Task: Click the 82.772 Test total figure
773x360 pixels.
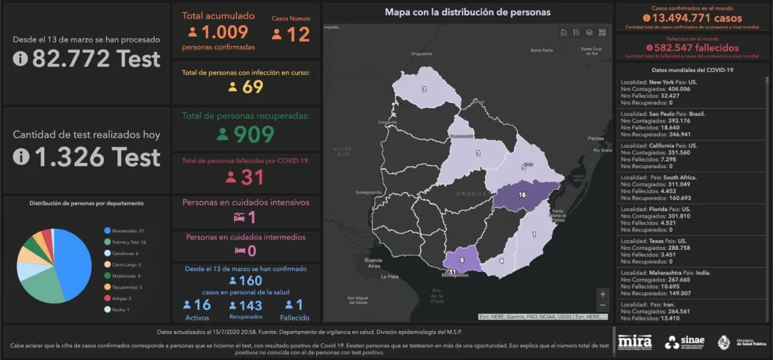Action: (x=95, y=59)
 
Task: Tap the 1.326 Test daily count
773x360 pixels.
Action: (x=95, y=156)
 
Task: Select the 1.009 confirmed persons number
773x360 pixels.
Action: (x=224, y=33)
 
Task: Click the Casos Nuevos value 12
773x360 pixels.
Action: (x=298, y=34)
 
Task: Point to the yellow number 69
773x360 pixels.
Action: (x=253, y=86)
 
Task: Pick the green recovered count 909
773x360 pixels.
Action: (x=253, y=134)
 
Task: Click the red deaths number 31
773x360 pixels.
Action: (x=253, y=176)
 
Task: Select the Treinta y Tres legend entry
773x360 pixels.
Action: (x=129, y=242)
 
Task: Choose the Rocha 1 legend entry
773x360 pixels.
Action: (x=120, y=310)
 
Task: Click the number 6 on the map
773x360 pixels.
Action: (x=462, y=260)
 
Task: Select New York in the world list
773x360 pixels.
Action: (x=662, y=82)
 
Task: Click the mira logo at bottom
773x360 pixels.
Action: (x=635, y=342)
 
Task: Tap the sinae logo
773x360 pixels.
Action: (x=685, y=342)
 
